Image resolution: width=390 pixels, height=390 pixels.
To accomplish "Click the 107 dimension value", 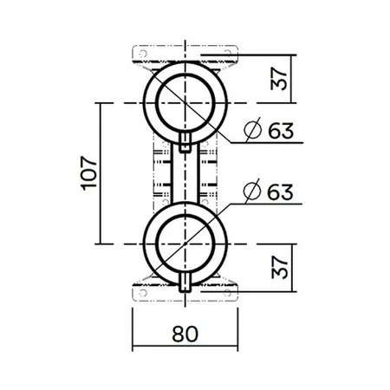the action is (89, 173).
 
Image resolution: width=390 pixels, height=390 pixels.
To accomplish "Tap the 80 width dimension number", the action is (185, 334).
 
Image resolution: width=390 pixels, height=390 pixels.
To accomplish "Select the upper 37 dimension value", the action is (280, 79).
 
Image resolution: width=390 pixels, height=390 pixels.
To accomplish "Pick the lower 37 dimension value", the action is (280, 268).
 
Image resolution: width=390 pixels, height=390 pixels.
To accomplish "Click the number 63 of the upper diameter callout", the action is (281, 131).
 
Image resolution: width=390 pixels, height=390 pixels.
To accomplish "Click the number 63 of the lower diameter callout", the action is (280, 192).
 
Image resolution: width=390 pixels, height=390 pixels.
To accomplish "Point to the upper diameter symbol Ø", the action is (252, 130).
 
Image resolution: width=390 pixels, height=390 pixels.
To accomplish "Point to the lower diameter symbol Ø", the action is (252, 191).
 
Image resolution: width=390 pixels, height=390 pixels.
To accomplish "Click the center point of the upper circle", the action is (185, 103).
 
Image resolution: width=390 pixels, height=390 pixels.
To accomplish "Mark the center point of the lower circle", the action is (185, 244).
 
